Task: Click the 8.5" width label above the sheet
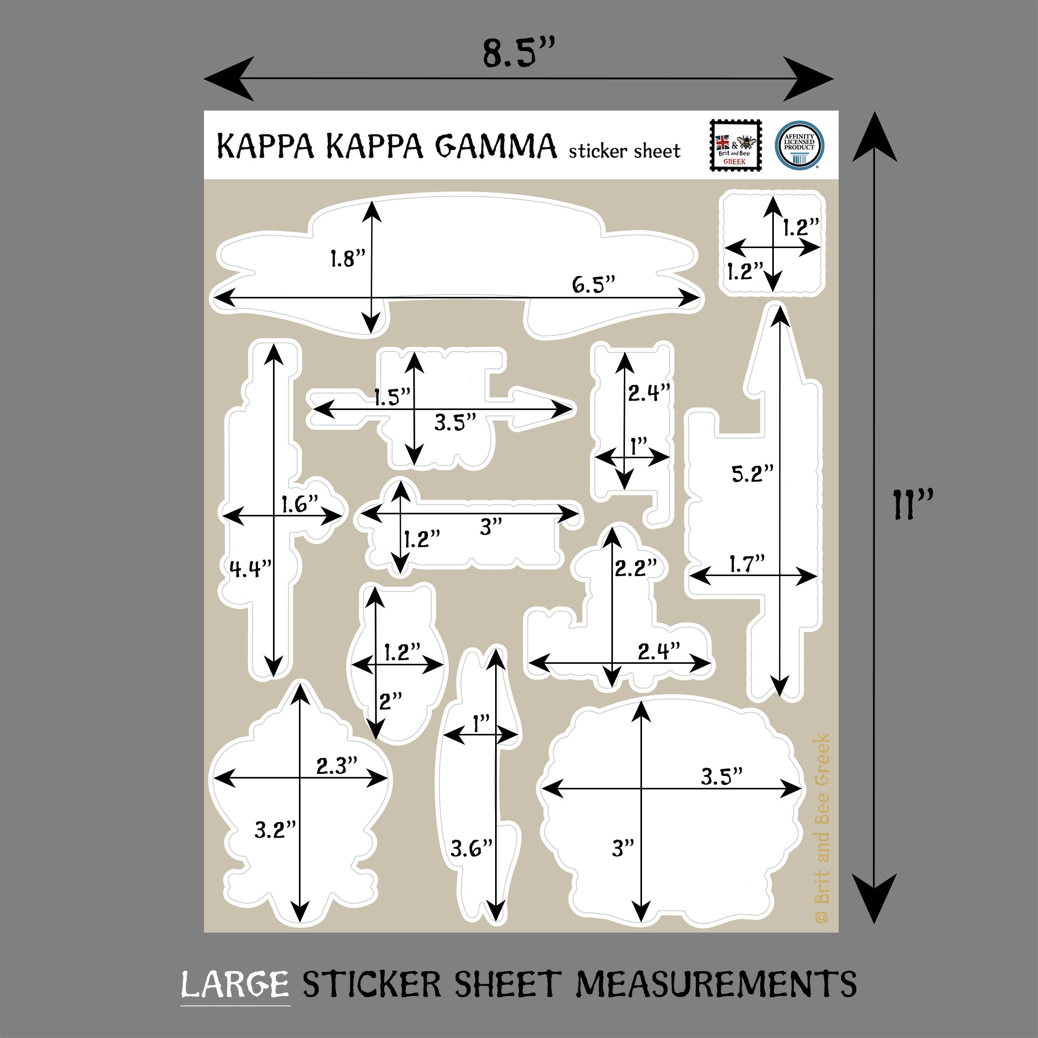pos(517,54)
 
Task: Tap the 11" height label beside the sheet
pos(912,504)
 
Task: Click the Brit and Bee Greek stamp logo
pos(735,146)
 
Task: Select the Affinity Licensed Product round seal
pos(799,146)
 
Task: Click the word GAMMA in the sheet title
pos(495,146)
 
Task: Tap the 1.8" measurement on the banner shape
pos(347,259)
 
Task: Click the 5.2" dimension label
pos(752,473)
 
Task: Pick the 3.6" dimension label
pos(471,849)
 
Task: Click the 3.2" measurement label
pos(275,830)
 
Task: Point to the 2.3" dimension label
pos(336,766)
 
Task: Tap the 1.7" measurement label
pos(746,564)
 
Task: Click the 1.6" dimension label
pos(300,504)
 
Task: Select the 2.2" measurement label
pos(636,568)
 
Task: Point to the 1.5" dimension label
pos(392,398)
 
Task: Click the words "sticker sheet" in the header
pos(624,152)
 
